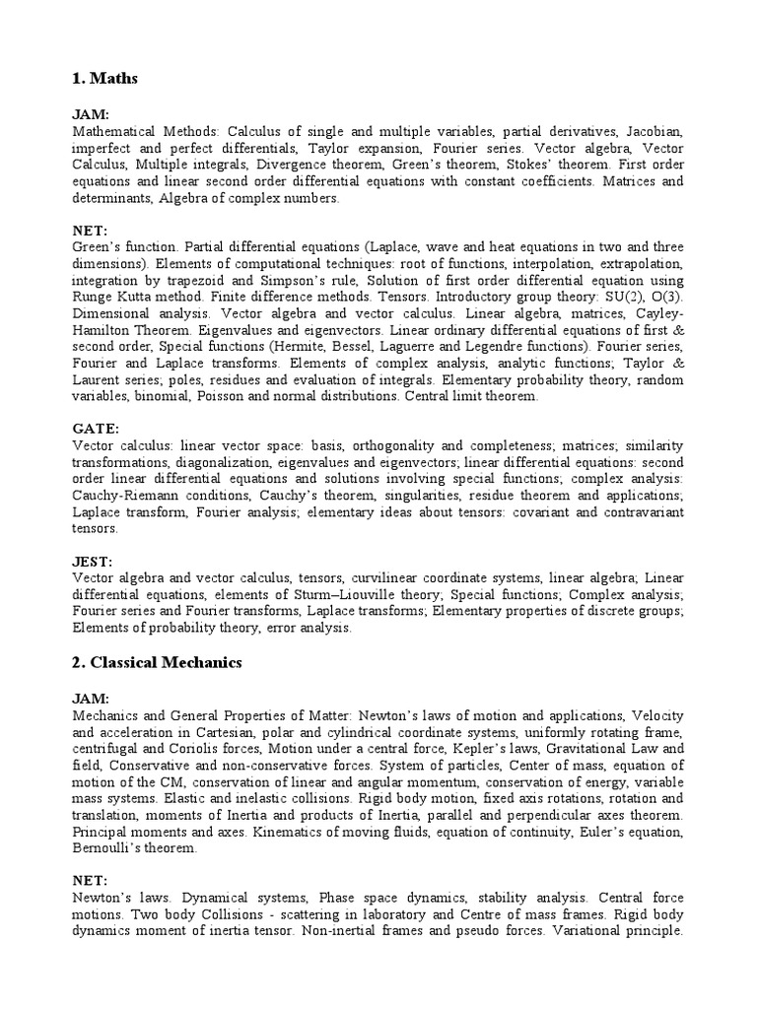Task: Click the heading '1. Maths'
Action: [x=103, y=79]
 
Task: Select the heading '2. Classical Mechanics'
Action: [x=156, y=663]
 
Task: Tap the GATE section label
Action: [x=96, y=430]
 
